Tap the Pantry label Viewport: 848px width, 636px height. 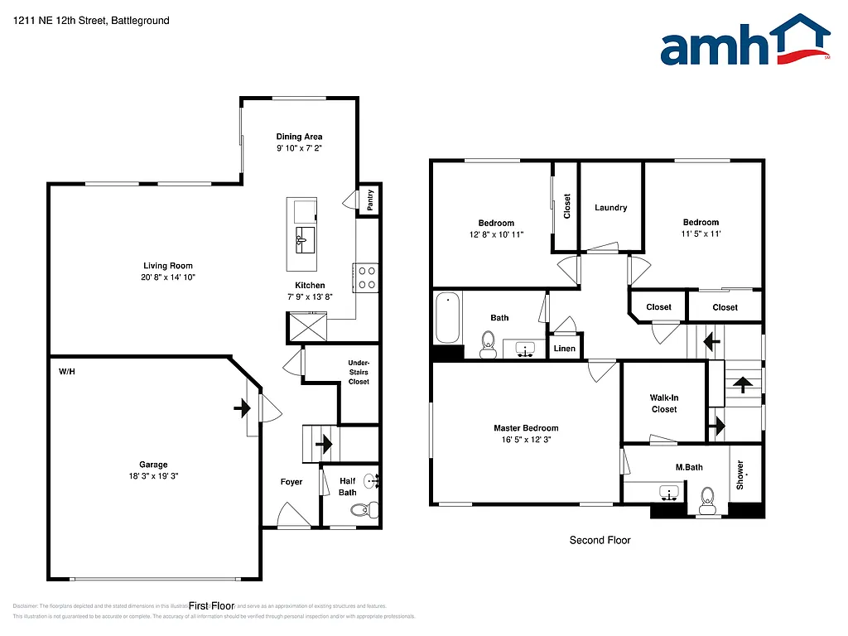tap(370, 199)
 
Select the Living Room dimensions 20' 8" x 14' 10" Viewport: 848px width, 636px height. tap(168, 277)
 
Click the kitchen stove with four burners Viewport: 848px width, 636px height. tap(366, 277)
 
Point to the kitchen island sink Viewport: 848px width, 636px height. tap(303, 241)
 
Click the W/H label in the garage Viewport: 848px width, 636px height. tap(66, 372)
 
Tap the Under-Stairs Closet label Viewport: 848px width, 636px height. tap(359, 372)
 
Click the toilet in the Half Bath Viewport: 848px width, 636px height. tap(361, 509)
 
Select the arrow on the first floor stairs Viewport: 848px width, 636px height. tap(323, 444)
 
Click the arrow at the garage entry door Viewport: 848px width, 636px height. tap(242, 407)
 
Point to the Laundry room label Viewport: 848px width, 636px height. tap(610, 208)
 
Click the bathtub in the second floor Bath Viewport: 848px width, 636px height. tap(447, 318)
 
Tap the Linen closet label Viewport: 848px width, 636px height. tap(565, 349)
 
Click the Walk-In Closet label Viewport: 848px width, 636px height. tap(664, 403)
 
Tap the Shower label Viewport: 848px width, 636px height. tap(740, 474)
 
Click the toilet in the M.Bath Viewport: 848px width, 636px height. tap(707, 498)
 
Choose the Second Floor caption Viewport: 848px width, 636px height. tap(600, 540)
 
